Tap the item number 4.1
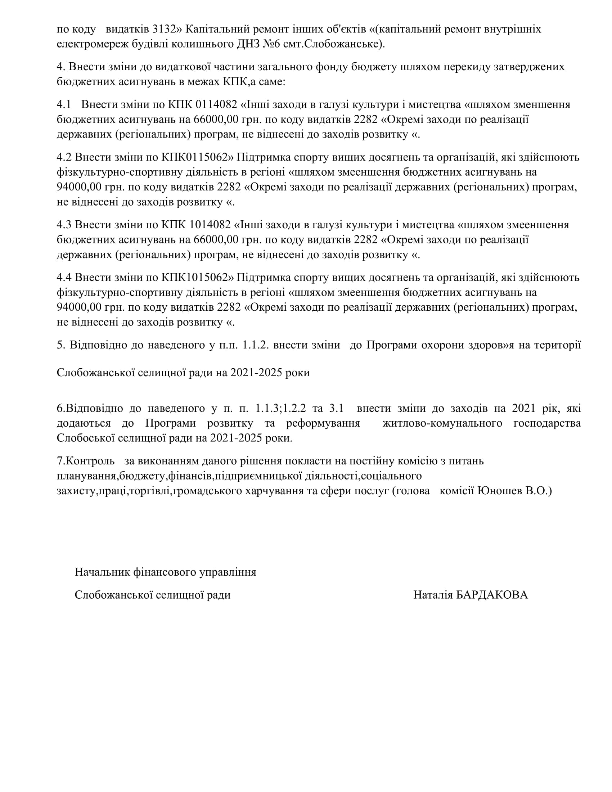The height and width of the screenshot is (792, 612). point(64,104)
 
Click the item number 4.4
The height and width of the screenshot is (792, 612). point(64,278)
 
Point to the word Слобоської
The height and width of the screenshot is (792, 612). point(86,438)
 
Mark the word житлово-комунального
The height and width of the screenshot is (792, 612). point(442,423)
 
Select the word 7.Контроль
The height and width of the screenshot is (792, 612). point(86,461)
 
